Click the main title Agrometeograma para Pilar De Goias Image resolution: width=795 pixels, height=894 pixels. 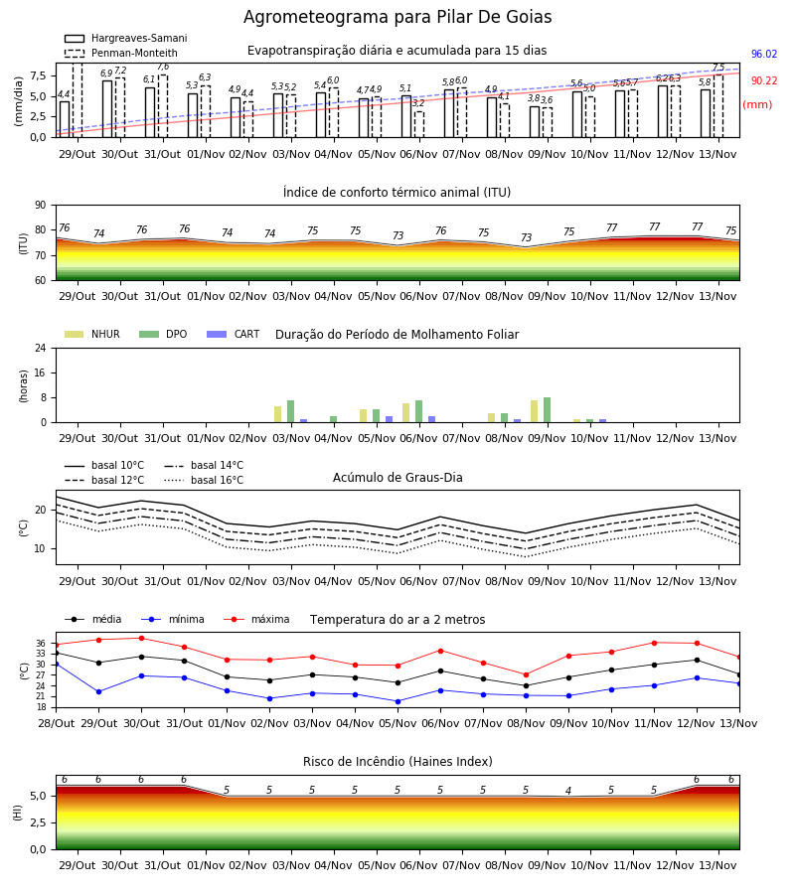click(x=397, y=17)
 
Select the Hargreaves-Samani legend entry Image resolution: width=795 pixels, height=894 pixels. click(x=125, y=38)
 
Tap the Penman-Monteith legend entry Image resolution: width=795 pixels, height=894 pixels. click(x=121, y=53)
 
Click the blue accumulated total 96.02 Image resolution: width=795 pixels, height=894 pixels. click(x=764, y=55)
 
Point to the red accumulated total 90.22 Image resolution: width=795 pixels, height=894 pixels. click(x=764, y=81)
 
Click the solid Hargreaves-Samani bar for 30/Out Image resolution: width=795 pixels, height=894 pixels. click(x=107, y=109)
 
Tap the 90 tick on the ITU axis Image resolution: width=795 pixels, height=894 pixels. click(x=41, y=206)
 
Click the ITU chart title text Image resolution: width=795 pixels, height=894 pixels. click(x=397, y=192)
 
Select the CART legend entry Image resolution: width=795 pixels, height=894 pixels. click(x=233, y=334)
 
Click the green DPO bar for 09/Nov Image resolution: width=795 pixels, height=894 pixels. click(x=548, y=410)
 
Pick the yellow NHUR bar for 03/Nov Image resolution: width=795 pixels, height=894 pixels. click(x=277, y=414)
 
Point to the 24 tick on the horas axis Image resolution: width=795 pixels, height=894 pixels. click(x=41, y=348)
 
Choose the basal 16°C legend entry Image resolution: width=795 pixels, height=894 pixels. click(x=204, y=480)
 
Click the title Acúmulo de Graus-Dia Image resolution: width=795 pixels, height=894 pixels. click(x=397, y=478)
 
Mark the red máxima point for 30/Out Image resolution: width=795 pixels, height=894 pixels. click(x=141, y=638)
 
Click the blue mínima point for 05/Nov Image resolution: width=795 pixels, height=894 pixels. click(x=398, y=701)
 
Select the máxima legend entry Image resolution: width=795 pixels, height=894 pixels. click(x=256, y=619)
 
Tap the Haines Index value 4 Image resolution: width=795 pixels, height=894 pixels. click(x=568, y=791)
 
